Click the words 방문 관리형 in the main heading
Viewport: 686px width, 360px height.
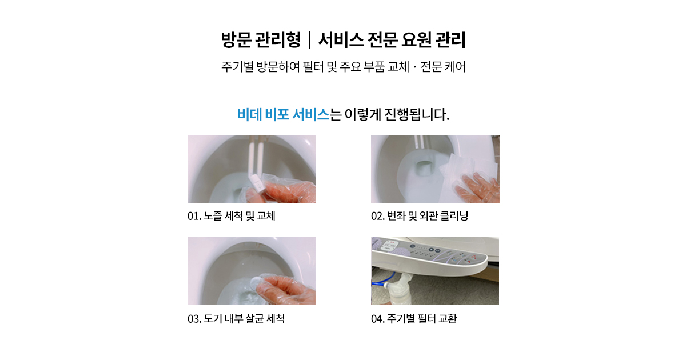[x=261, y=40]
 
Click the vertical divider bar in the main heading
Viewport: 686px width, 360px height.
[x=310, y=40]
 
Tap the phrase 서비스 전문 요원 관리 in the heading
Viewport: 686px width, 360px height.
[x=392, y=40]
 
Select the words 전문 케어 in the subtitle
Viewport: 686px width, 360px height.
[x=443, y=67]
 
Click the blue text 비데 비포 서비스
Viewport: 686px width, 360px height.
[x=284, y=114]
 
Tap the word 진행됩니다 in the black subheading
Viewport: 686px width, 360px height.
[x=417, y=114]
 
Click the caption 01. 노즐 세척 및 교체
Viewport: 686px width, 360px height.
[x=231, y=216]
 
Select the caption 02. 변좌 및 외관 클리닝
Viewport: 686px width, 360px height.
[x=420, y=216]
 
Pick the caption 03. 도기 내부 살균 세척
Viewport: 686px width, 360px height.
[x=236, y=318]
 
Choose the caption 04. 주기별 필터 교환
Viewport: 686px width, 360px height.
[x=414, y=318]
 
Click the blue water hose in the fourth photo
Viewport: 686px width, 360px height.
[x=380, y=284]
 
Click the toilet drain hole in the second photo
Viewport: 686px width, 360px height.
[x=425, y=167]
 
